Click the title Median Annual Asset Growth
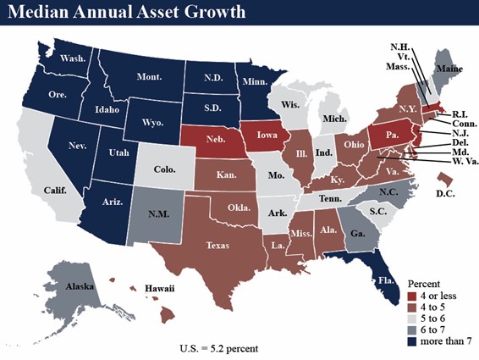(x=129, y=13)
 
